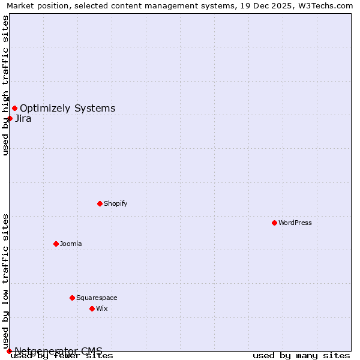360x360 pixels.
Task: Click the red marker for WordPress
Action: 274,223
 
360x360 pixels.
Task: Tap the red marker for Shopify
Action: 100,203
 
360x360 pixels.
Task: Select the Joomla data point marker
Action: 56,244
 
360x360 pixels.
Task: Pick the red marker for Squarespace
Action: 72,298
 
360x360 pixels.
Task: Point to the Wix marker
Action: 92,308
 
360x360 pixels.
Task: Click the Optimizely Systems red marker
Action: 14,108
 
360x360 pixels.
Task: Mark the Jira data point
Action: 10,118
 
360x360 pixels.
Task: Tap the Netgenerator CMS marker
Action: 9,351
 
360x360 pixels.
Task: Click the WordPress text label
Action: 295,223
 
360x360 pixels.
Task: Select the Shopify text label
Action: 116,203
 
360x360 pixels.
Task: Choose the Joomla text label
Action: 71,244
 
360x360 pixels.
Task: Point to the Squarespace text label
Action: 97,298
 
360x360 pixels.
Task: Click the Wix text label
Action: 102,308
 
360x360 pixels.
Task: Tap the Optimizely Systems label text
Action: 68,108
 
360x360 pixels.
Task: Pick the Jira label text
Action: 23,118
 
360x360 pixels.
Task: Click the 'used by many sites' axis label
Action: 301,356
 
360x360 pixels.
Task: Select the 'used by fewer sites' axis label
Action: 62,356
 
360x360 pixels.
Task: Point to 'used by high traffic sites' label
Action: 6,85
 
